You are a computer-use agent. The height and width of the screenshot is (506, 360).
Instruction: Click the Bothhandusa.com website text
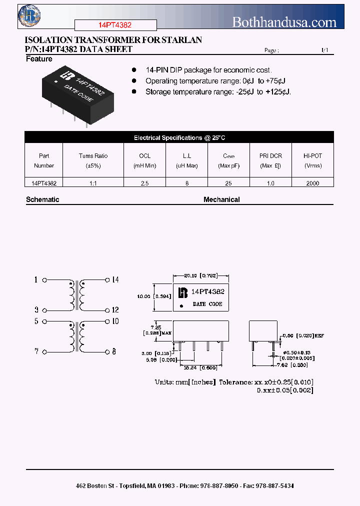[284, 22]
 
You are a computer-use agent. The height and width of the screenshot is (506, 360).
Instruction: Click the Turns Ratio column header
[93, 160]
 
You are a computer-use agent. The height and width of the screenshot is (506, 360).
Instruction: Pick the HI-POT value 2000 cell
[312, 183]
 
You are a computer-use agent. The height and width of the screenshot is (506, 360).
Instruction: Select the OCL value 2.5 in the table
[144, 183]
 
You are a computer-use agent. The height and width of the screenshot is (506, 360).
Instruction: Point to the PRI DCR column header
[270, 160]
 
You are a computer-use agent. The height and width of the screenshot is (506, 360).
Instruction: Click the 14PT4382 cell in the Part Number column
[44, 183]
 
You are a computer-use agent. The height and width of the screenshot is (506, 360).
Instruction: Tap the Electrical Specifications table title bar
[179, 137]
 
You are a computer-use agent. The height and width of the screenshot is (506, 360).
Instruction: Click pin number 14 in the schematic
[115, 280]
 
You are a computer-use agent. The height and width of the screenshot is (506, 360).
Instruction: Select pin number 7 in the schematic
[36, 352]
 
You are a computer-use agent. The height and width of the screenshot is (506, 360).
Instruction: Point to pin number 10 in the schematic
[115, 321]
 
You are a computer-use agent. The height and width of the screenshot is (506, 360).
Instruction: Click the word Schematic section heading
[42, 199]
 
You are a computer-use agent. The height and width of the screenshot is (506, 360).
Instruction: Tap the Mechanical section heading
[221, 199]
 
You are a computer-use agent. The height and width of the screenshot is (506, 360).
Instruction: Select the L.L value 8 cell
[187, 183]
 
